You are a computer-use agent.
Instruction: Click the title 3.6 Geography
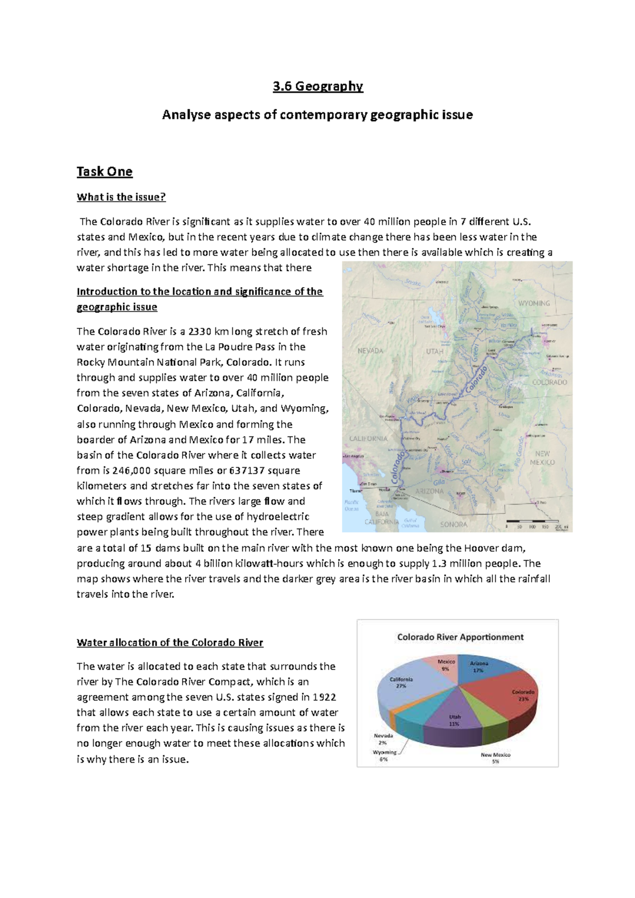(x=317, y=86)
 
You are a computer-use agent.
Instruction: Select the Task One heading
(x=104, y=171)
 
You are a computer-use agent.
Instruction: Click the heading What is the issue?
(x=121, y=197)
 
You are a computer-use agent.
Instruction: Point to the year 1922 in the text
(x=324, y=697)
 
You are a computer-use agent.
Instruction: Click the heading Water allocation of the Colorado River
(x=170, y=643)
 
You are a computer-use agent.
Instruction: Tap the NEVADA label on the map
(x=370, y=351)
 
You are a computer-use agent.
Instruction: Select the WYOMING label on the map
(x=533, y=303)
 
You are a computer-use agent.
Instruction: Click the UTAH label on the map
(x=434, y=351)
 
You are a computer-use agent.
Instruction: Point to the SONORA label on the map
(x=453, y=524)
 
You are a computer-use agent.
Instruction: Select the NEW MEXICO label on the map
(x=542, y=458)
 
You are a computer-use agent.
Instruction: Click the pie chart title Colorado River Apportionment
(x=460, y=637)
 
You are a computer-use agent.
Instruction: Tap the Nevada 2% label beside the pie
(x=383, y=739)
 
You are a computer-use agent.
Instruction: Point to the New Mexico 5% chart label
(x=495, y=758)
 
